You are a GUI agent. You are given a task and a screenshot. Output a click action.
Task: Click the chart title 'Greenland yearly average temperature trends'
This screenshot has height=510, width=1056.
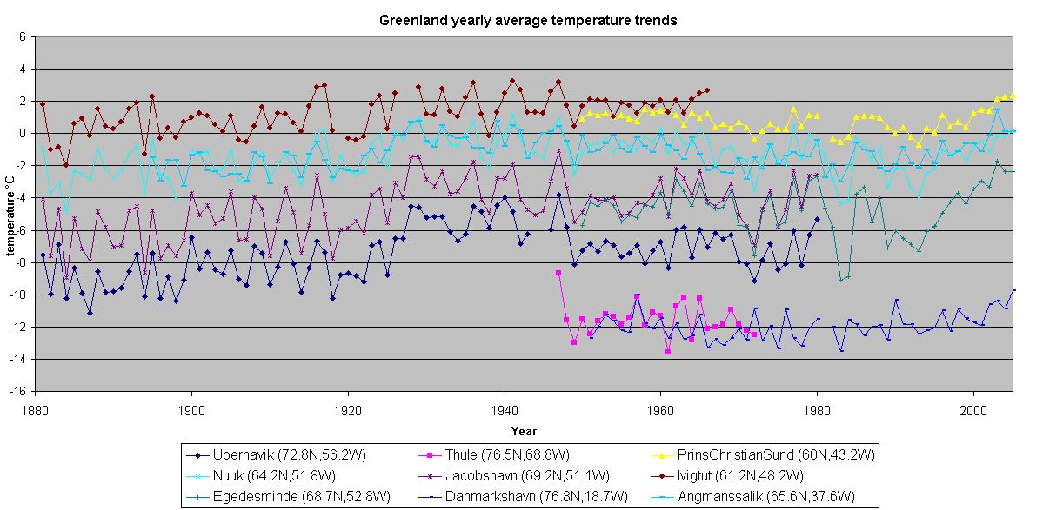[x=527, y=20]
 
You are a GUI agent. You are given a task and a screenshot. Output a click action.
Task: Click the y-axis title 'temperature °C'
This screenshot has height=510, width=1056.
[x=10, y=214]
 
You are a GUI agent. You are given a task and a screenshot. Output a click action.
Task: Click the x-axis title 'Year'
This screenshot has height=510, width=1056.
[x=524, y=431]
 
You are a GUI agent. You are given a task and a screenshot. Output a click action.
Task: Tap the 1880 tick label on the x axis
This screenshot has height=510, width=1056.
[x=36, y=408]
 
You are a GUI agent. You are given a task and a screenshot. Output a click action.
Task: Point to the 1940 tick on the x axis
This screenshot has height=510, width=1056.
[x=505, y=408]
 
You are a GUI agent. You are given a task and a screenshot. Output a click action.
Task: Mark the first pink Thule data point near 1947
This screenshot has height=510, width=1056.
[x=558, y=273]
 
